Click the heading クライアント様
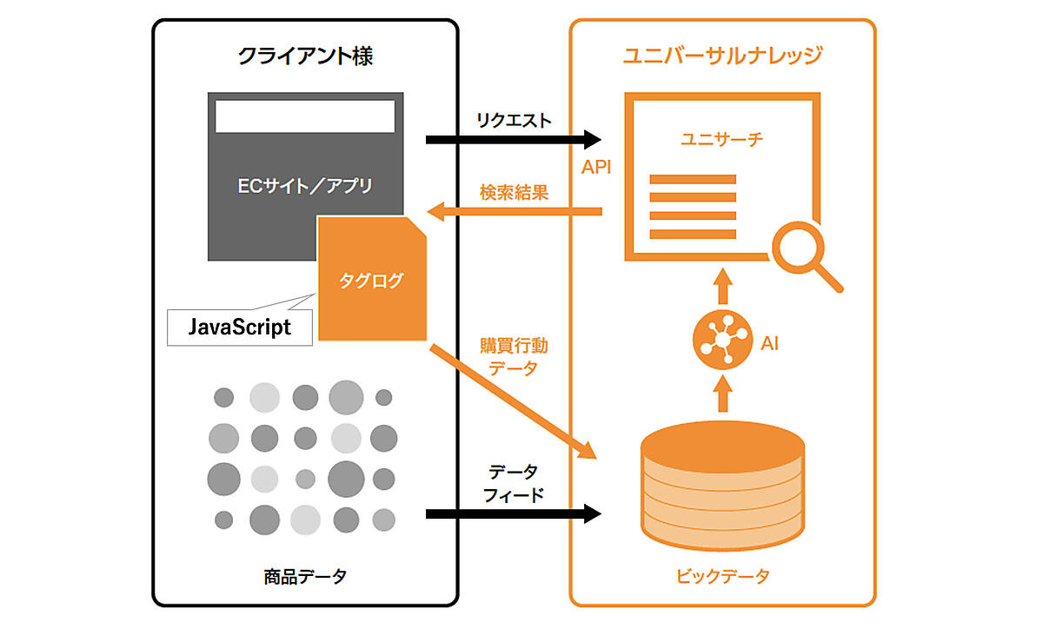click(x=306, y=57)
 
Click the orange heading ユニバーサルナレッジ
click(x=722, y=57)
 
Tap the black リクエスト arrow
click(x=513, y=139)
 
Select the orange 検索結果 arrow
click(x=517, y=211)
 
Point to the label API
click(x=596, y=167)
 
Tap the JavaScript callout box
click(x=240, y=328)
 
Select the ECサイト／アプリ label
click(x=305, y=185)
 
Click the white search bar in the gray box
click(x=305, y=116)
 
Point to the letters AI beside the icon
click(x=769, y=343)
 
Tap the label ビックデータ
click(x=722, y=575)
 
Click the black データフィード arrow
click(x=513, y=514)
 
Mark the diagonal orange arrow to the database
click(x=513, y=401)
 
